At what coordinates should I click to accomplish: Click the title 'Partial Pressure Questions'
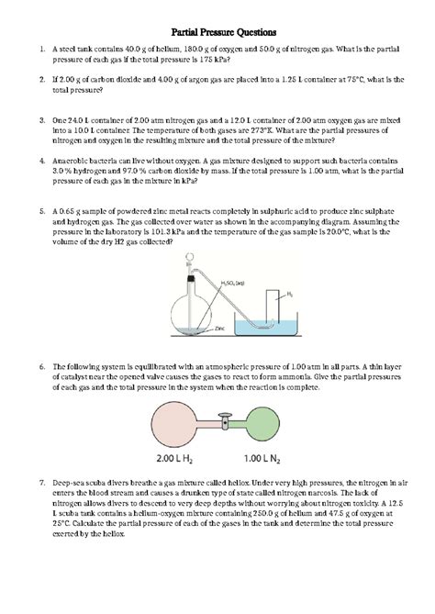point(217,30)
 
